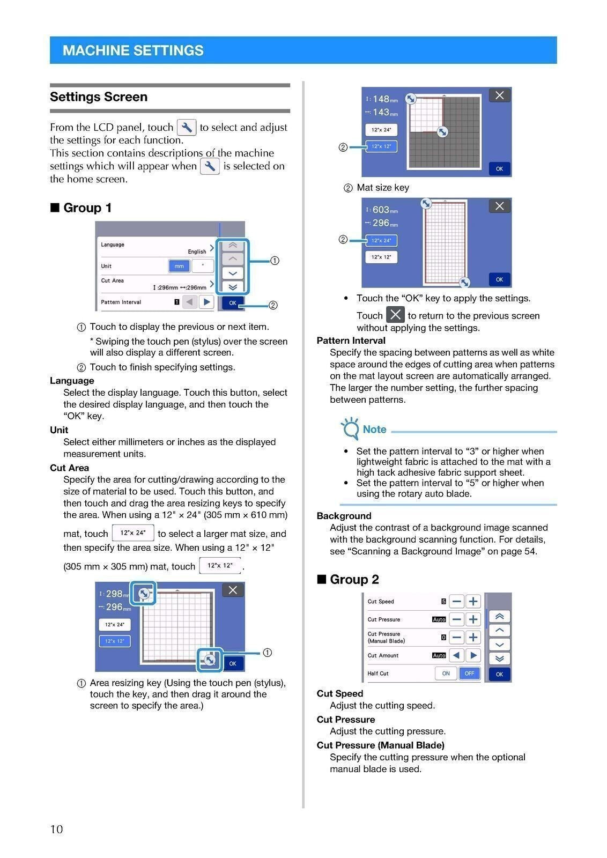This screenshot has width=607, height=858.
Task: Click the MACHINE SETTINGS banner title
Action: coord(133,50)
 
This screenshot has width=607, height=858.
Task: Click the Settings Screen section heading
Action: coord(99,97)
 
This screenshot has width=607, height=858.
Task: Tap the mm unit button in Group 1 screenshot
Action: coord(179,266)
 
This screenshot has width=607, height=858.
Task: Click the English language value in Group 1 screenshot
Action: coord(197,252)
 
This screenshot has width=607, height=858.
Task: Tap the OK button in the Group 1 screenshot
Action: coord(233,303)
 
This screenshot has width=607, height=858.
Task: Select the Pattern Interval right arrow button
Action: coord(206,302)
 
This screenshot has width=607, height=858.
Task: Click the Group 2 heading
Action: coord(354,580)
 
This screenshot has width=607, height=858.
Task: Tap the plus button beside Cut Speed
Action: coord(473,602)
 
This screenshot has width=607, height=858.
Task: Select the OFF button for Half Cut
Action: coord(469,674)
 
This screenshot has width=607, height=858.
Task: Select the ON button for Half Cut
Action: coord(446,674)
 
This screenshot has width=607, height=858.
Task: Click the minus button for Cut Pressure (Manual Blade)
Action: coord(456,638)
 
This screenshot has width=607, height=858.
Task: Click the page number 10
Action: coord(56,830)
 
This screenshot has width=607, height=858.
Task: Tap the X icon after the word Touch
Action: coord(395,315)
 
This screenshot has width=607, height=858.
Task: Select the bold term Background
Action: coord(344,516)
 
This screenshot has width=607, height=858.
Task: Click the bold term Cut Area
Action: coord(69,468)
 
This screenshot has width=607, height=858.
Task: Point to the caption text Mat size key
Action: coord(382,188)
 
